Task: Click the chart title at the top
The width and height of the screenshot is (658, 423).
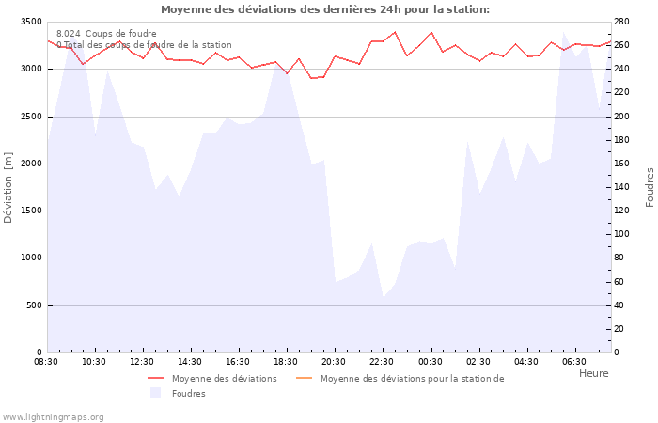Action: coord(325,9)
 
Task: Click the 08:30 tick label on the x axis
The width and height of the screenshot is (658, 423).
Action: coord(47,361)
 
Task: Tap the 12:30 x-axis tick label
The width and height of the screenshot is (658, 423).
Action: coord(143,361)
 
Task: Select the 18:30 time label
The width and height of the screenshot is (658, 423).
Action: coord(287,361)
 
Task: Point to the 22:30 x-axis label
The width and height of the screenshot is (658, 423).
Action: coord(383,361)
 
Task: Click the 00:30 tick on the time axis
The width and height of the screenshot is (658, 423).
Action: coord(431,361)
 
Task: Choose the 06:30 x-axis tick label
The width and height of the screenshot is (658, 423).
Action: coord(574,361)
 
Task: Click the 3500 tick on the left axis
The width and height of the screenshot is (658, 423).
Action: coord(31,22)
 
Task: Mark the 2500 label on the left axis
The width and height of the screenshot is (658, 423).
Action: coord(31,117)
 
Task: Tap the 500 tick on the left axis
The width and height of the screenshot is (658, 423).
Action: coord(34,305)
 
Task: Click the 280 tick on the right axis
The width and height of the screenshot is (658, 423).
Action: coord(621,22)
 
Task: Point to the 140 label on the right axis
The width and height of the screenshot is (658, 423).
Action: coord(621,187)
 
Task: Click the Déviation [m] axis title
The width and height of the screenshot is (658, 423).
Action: coord(8,187)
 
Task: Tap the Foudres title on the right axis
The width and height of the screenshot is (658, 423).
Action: coord(650,187)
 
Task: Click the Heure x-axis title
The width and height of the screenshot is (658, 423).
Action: coord(593,373)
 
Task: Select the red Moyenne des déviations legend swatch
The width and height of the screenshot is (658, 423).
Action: coord(156,379)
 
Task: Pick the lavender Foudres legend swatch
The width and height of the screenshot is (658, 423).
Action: coord(156,393)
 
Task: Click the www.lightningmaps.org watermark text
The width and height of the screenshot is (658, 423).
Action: coord(53,417)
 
